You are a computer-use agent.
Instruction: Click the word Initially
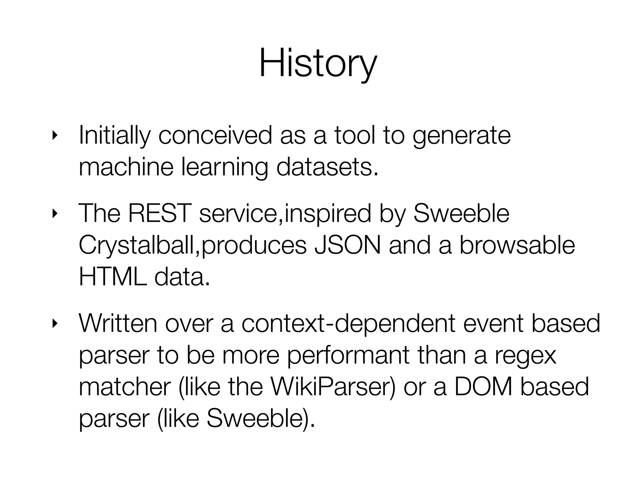tap(115, 136)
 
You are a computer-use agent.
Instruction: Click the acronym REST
tap(158, 214)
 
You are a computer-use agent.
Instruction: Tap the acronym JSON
tap(347, 245)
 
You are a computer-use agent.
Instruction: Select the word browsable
tap(517, 245)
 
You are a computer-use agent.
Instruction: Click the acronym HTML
tap(112, 277)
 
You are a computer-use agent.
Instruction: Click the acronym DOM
tap(483, 387)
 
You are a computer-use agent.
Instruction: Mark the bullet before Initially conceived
tap(55, 135)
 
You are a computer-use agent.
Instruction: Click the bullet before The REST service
tap(55, 214)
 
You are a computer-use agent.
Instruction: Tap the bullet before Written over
tap(55, 324)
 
